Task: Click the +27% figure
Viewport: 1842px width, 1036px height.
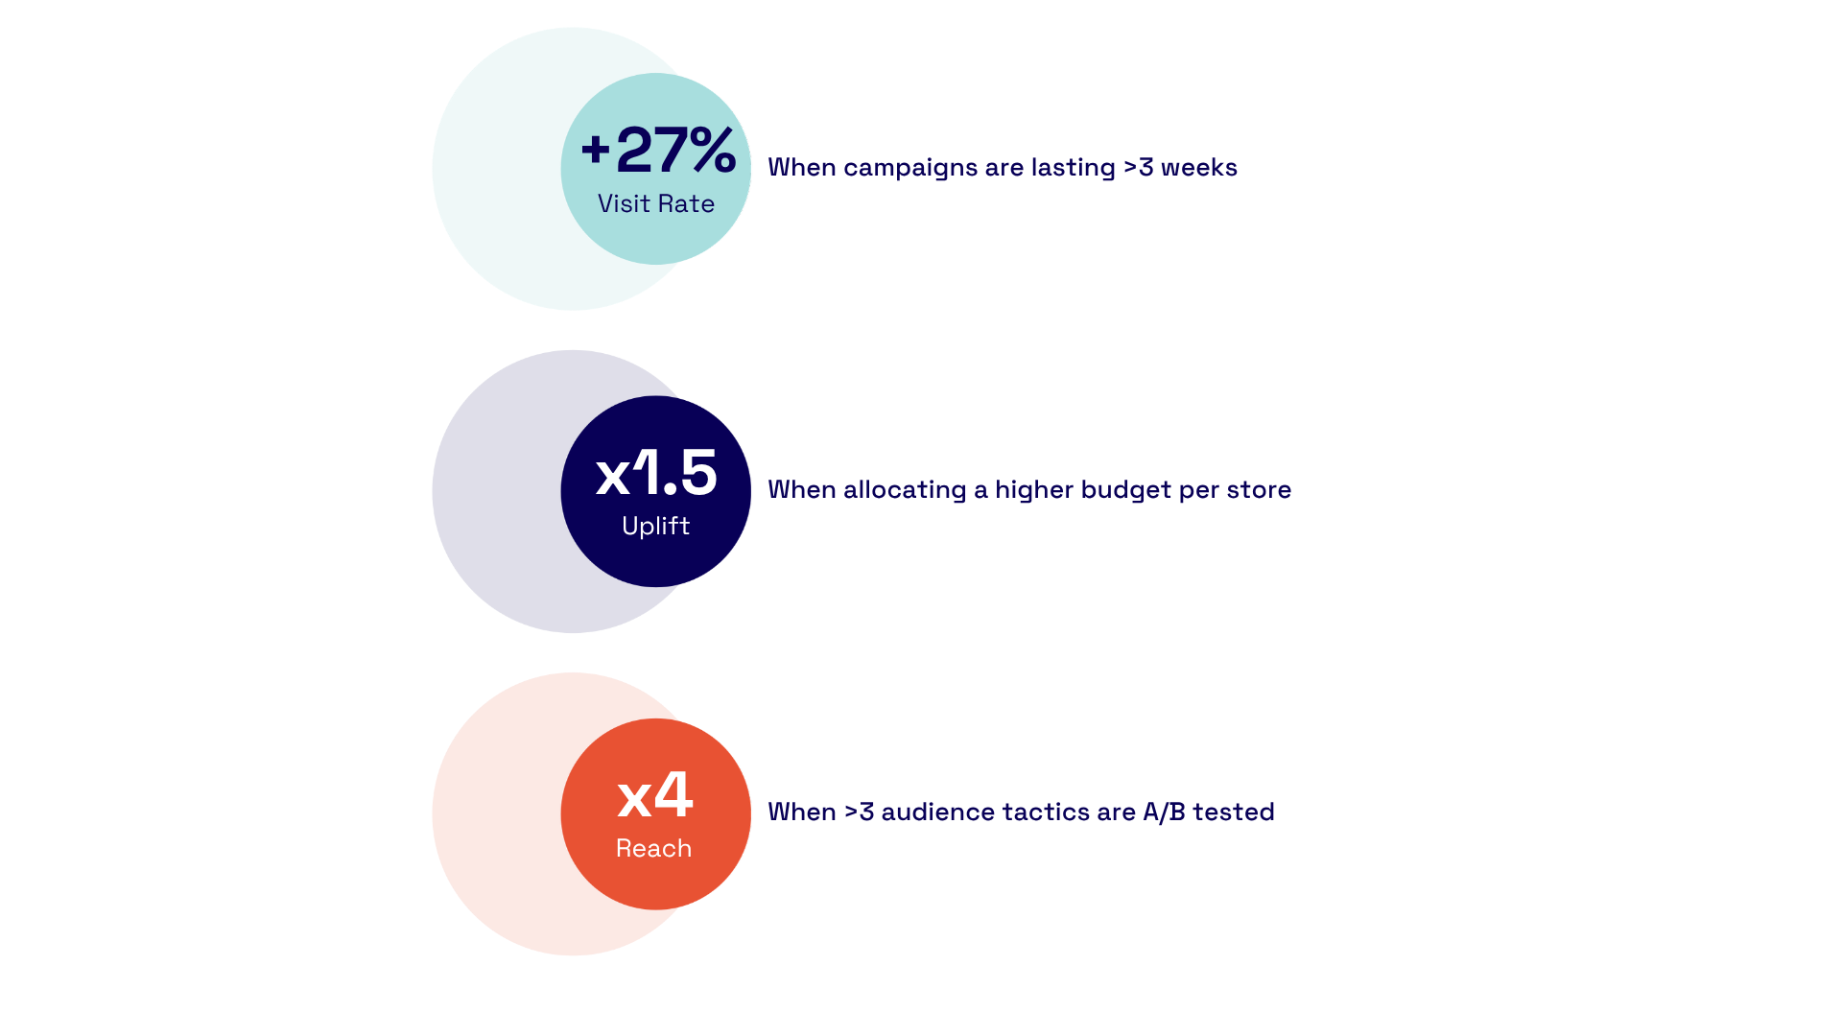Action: click(x=658, y=150)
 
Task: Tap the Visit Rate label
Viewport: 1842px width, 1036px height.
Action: click(x=656, y=203)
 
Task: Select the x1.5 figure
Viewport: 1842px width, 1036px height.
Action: click(x=656, y=472)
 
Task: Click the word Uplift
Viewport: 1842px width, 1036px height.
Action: click(x=656, y=526)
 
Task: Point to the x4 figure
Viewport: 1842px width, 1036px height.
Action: click(x=655, y=794)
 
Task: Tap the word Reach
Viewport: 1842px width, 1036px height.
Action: click(x=654, y=848)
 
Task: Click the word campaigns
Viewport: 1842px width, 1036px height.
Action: click(x=897, y=169)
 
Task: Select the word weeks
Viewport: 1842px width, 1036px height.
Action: click(x=1199, y=167)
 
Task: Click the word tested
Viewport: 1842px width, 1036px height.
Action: click(x=1234, y=812)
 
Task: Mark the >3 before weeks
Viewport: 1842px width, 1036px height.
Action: click(x=1139, y=167)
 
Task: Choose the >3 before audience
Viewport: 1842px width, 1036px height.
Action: click(x=859, y=812)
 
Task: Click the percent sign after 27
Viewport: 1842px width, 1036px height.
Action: click(x=713, y=150)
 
